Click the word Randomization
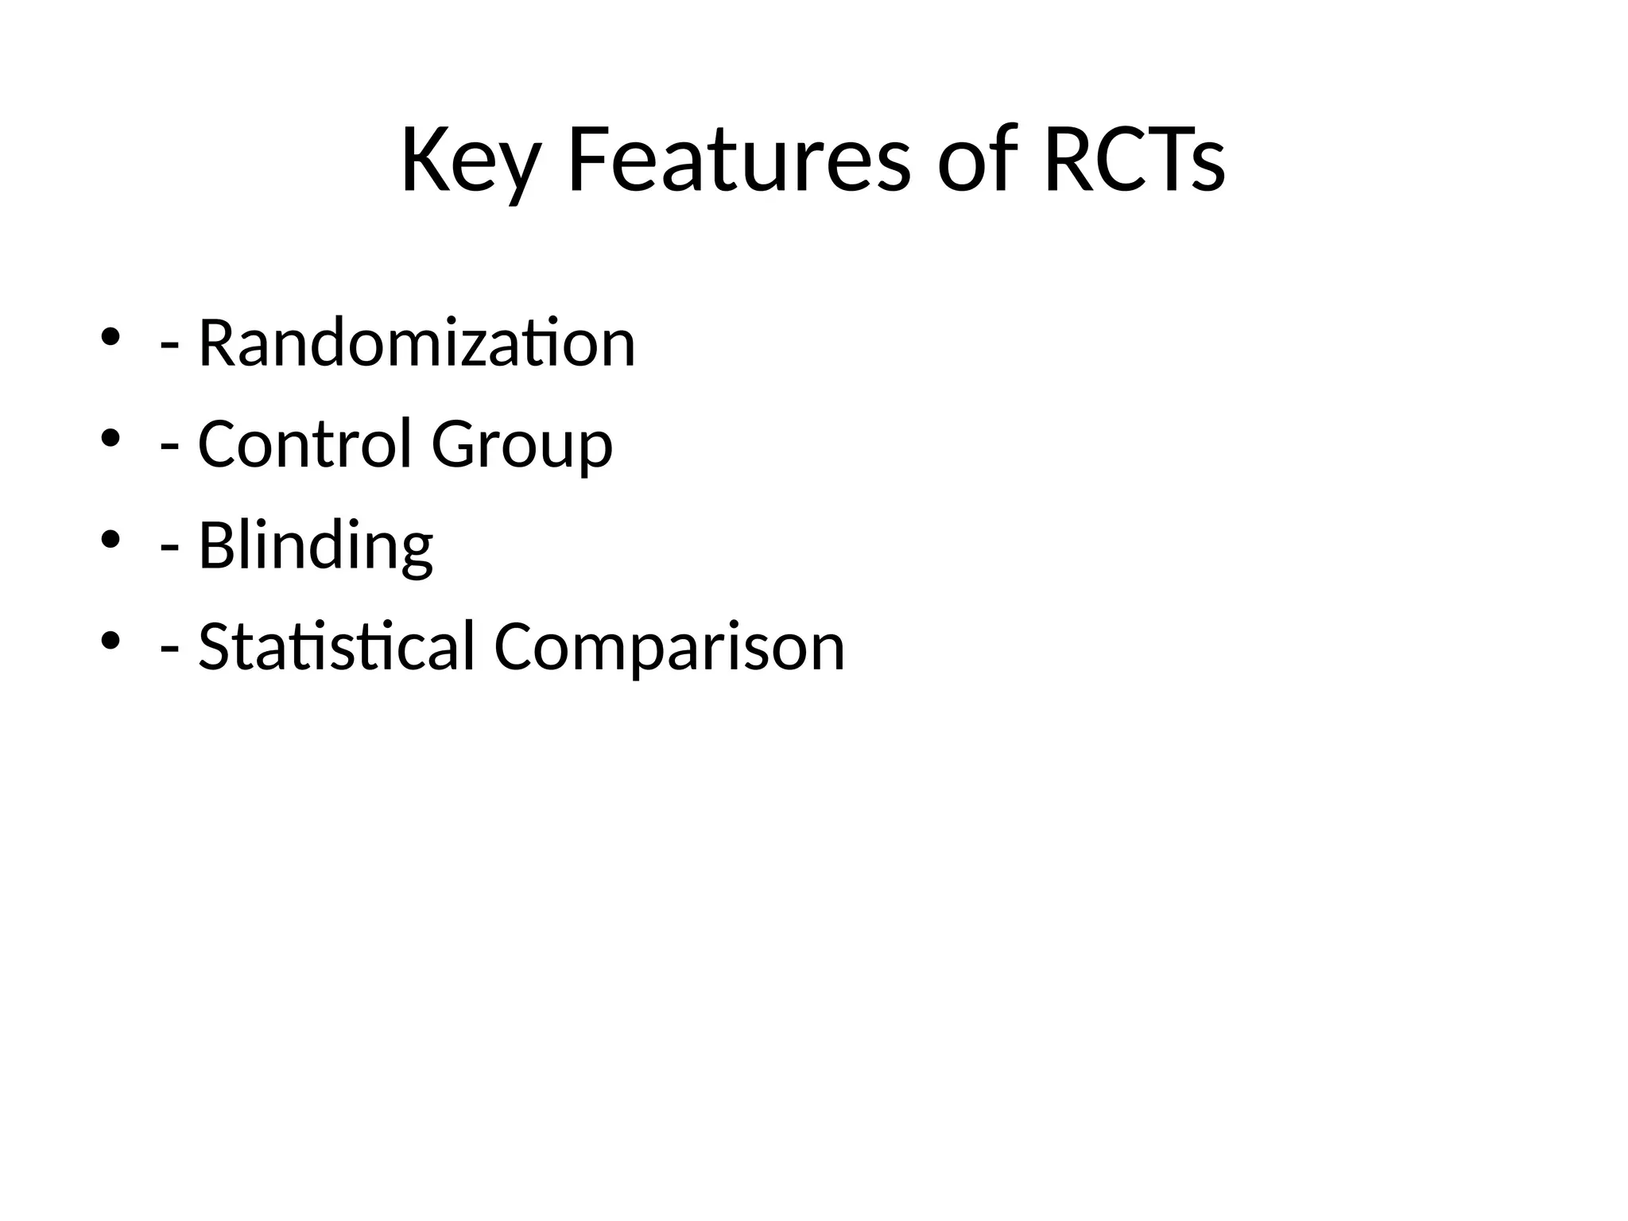pyautogui.click(x=417, y=343)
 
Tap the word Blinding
pyautogui.click(x=316, y=547)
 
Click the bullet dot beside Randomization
pyautogui.click(x=110, y=337)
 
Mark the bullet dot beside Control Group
pyautogui.click(x=110, y=438)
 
